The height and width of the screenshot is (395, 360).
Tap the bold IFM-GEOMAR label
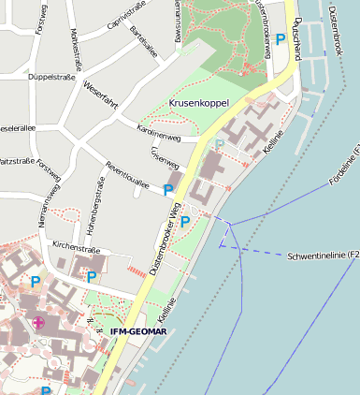pyautogui.click(x=138, y=330)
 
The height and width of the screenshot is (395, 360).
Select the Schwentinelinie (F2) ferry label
pyautogui.click(x=323, y=255)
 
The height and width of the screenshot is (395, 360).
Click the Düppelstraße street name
pyautogui.click(x=51, y=77)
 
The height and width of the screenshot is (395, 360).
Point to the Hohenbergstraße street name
pyautogui.click(x=95, y=208)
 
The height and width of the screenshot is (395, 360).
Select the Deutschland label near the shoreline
pyautogui.click(x=296, y=37)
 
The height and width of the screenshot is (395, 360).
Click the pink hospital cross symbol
pyautogui.click(x=38, y=323)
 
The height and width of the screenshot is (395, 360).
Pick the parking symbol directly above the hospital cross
pyautogui.click(x=36, y=281)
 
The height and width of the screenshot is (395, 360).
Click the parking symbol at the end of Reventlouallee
pyautogui.click(x=168, y=190)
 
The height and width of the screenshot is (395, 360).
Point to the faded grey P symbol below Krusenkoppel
pyautogui.click(x=220, y=143)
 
